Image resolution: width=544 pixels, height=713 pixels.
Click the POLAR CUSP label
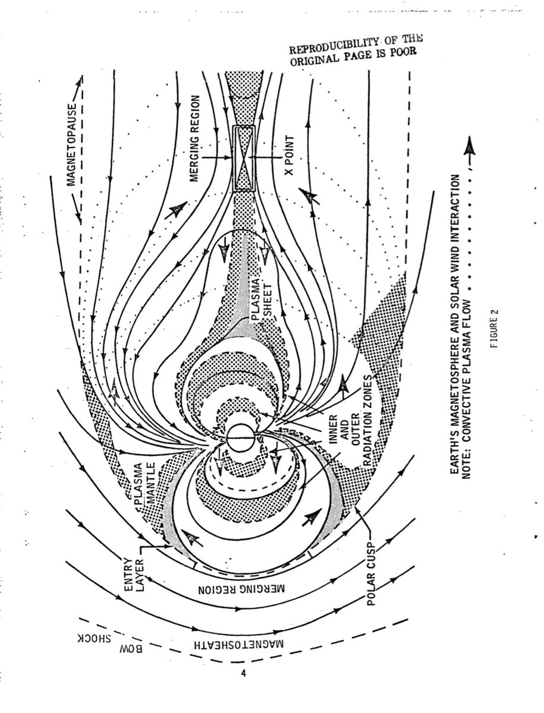(372, 574)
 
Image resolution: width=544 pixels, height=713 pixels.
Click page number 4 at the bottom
(244, 673)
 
